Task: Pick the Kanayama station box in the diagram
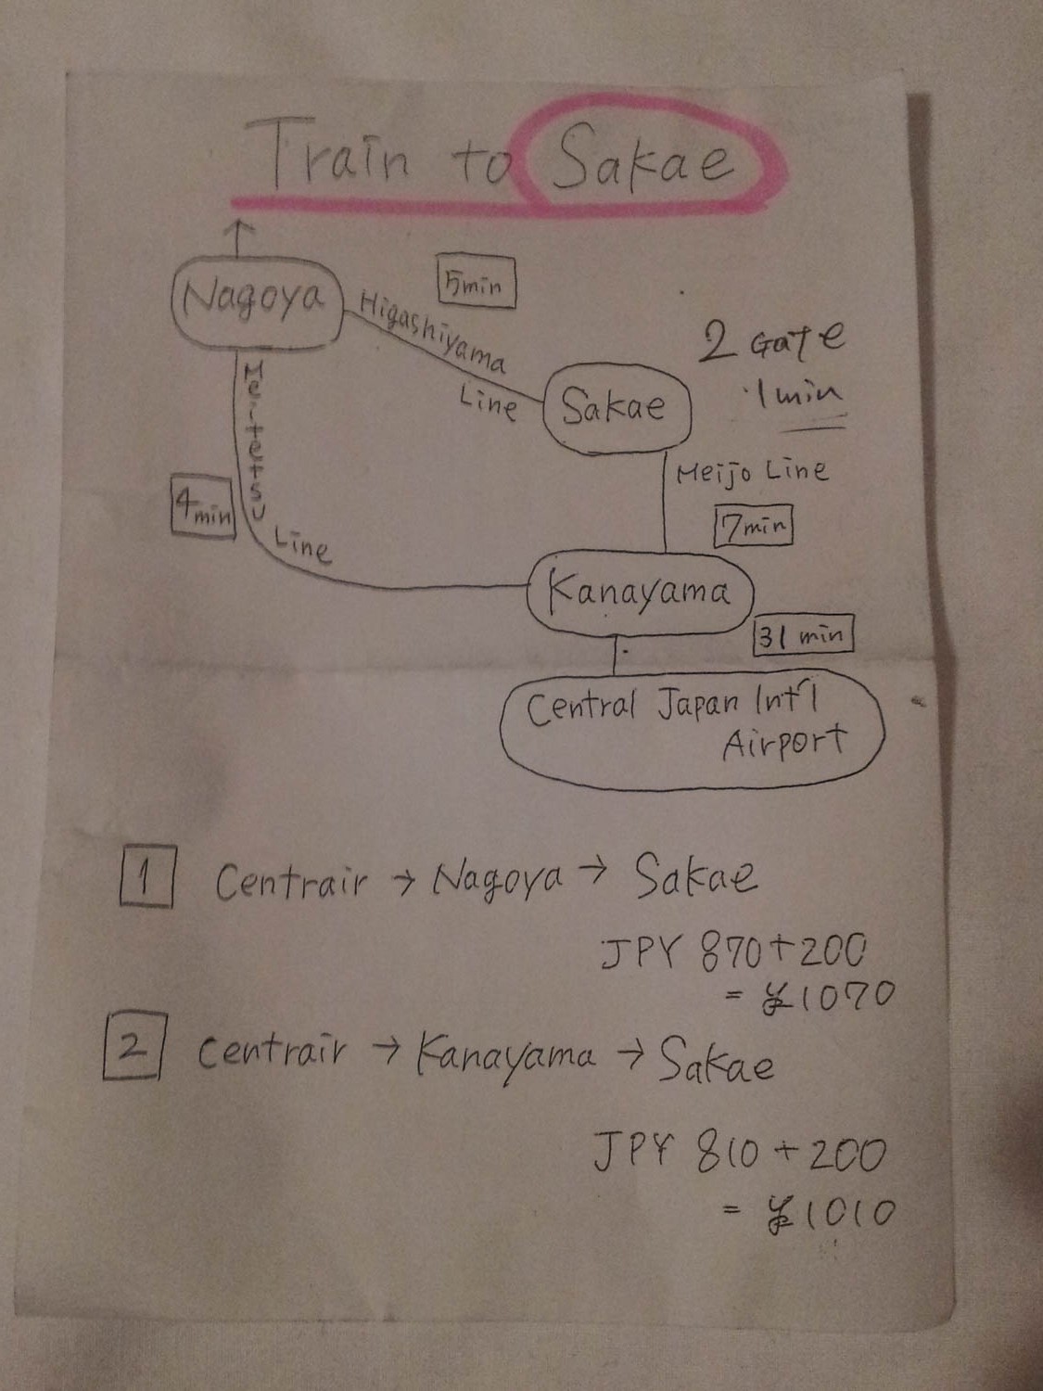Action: pos(640,592)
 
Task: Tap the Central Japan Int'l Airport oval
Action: pos(691,729)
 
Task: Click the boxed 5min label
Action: pos(476,282)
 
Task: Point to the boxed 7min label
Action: pos(753,527)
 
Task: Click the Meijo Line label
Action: pos(751,472)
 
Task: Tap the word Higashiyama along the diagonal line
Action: pos(432,331)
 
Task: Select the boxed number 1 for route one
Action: pos(146,877)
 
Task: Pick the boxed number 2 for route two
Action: pos(134,1047)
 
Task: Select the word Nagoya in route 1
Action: pos(498,877)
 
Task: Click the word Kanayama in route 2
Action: pos(505,1055)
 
